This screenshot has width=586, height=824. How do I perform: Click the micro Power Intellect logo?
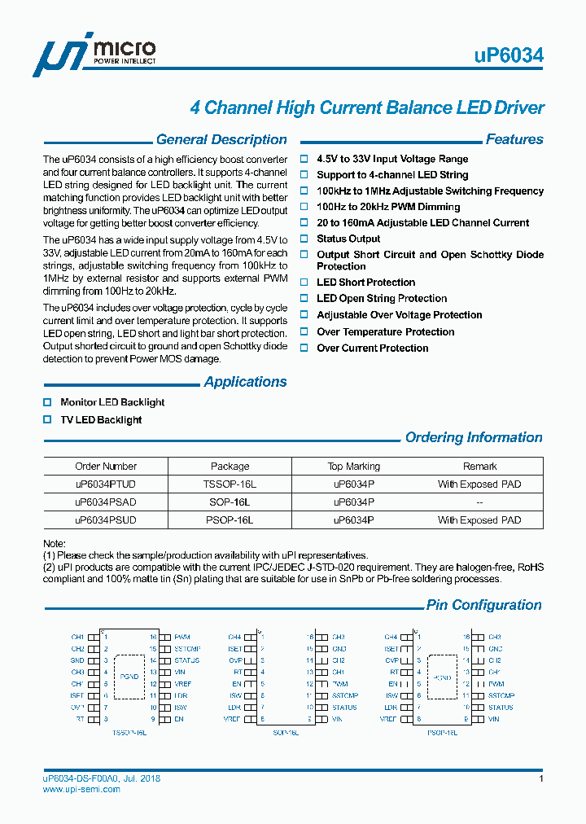94,55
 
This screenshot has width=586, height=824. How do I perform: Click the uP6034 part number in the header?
509,55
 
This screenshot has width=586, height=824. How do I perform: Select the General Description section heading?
221,140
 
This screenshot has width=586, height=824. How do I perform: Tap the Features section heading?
514,140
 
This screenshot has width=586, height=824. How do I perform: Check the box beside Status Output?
305,239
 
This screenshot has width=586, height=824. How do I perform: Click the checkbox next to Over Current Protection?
305,348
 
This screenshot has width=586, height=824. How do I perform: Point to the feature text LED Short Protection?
365,283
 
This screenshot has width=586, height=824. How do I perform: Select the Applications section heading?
245,382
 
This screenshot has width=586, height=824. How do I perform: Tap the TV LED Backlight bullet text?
101,420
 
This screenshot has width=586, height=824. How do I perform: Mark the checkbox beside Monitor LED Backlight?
47,402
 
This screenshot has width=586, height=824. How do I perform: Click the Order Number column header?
106,467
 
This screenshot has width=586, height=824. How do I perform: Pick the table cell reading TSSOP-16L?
230,484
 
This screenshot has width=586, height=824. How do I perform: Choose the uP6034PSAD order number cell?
106,502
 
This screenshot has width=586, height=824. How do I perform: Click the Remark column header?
479,467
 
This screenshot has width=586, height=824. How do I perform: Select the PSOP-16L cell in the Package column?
230,520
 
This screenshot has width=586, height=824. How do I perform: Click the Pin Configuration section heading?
483,605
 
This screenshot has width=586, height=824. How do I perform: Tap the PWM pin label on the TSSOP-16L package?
181,637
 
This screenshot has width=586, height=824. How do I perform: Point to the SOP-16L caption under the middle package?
286,734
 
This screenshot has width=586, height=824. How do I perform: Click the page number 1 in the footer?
540,779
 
